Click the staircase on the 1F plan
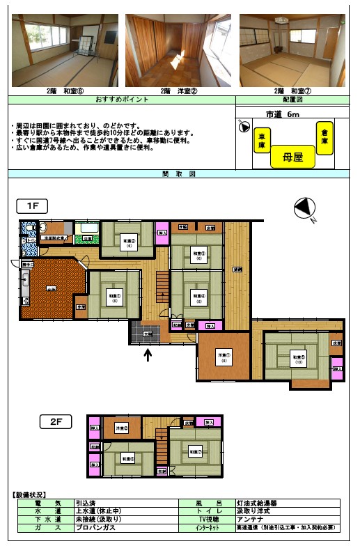[163, 286]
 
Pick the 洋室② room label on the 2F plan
[122, 428]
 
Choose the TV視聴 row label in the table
[210, 520]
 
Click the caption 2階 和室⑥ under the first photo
[64, 91]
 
